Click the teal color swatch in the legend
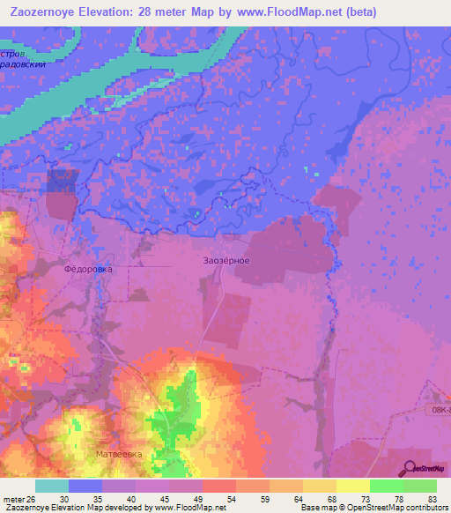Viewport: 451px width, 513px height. [52, 486]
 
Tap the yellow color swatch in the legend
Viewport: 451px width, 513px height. [353, 486]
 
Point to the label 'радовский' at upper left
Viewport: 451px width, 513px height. [21, 64]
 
